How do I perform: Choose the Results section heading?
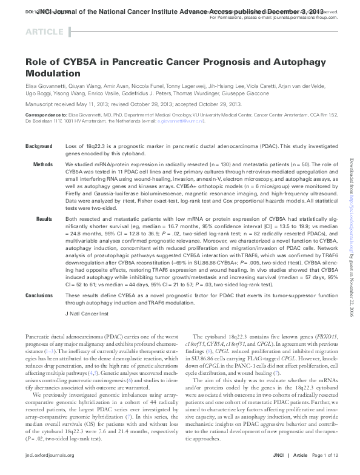tap(44, 217)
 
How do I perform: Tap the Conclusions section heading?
tap(39, 295)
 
